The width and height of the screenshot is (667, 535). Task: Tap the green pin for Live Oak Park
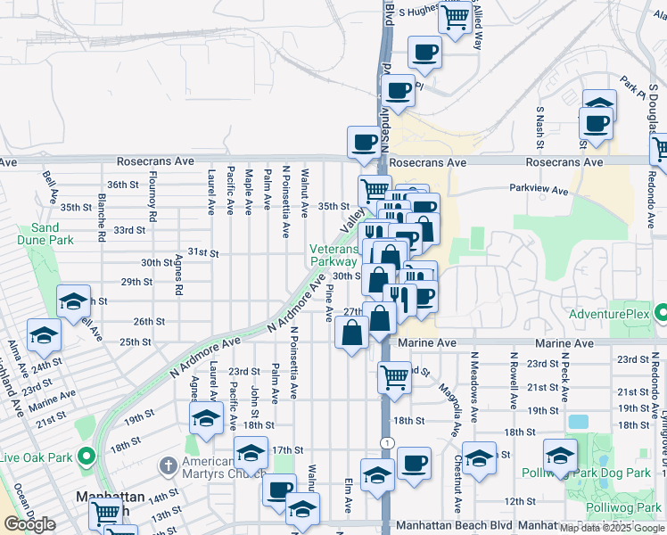point(86,457)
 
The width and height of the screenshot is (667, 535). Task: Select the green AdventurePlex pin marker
point(661,313)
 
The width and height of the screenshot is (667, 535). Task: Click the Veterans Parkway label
point(333,256)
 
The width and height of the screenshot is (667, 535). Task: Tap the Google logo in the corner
point(29,525)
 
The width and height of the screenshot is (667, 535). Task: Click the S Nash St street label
point(539,127)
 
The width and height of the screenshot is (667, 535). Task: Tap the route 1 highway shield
point(384,442)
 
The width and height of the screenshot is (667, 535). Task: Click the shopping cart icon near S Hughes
point(456,15)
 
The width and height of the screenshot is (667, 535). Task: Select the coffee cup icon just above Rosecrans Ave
point(363,142)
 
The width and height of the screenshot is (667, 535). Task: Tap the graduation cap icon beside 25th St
point(42,335)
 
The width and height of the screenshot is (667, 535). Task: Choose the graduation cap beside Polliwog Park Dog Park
point(560,457)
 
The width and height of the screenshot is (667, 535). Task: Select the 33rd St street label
point(128,229)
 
